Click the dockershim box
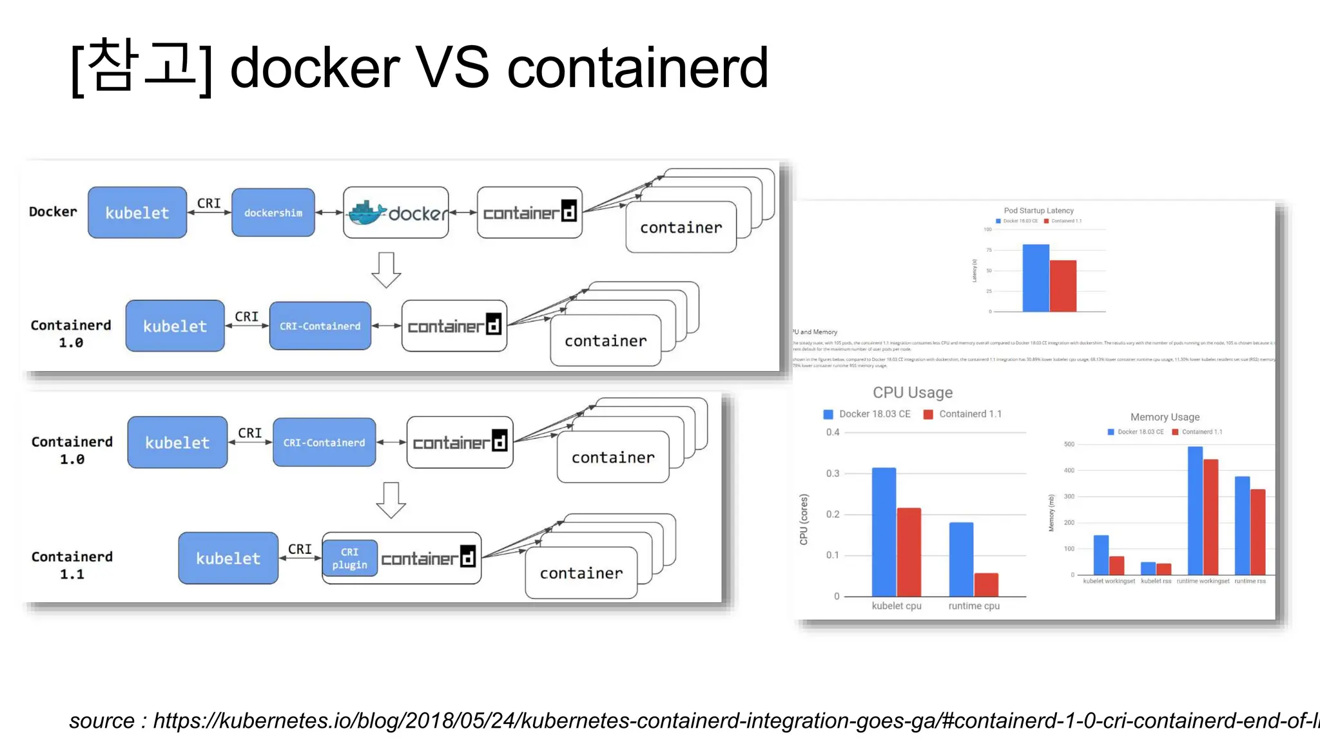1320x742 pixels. (x=273, y=213)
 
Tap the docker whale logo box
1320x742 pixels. (x=396, y=213)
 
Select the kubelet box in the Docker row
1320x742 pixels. (x=137, y=213)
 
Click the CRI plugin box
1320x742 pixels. (x=349, y=558)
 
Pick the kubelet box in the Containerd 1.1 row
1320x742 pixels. (x=228, y=558)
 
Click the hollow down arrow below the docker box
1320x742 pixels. (x=386, y=269)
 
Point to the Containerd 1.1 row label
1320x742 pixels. (x=72, y=565)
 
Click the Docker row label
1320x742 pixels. (x=53, y=212)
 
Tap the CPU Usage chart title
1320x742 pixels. (x=913, y=393)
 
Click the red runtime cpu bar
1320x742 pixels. (x=986, y=584)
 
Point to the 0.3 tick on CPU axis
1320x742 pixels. (x=833, y=473)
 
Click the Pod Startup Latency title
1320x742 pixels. (x=1038, y=211)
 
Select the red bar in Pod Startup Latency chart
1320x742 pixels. (x=1063, y=286)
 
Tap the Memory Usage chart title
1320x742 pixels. (x=1165, y=417)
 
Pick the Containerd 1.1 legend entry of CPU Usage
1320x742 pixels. (x=963, y=414)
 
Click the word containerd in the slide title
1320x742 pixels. (x=637, y=68)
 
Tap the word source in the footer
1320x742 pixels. (x=102, y=721)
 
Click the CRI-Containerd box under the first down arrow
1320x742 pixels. (x=320, y=326)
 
